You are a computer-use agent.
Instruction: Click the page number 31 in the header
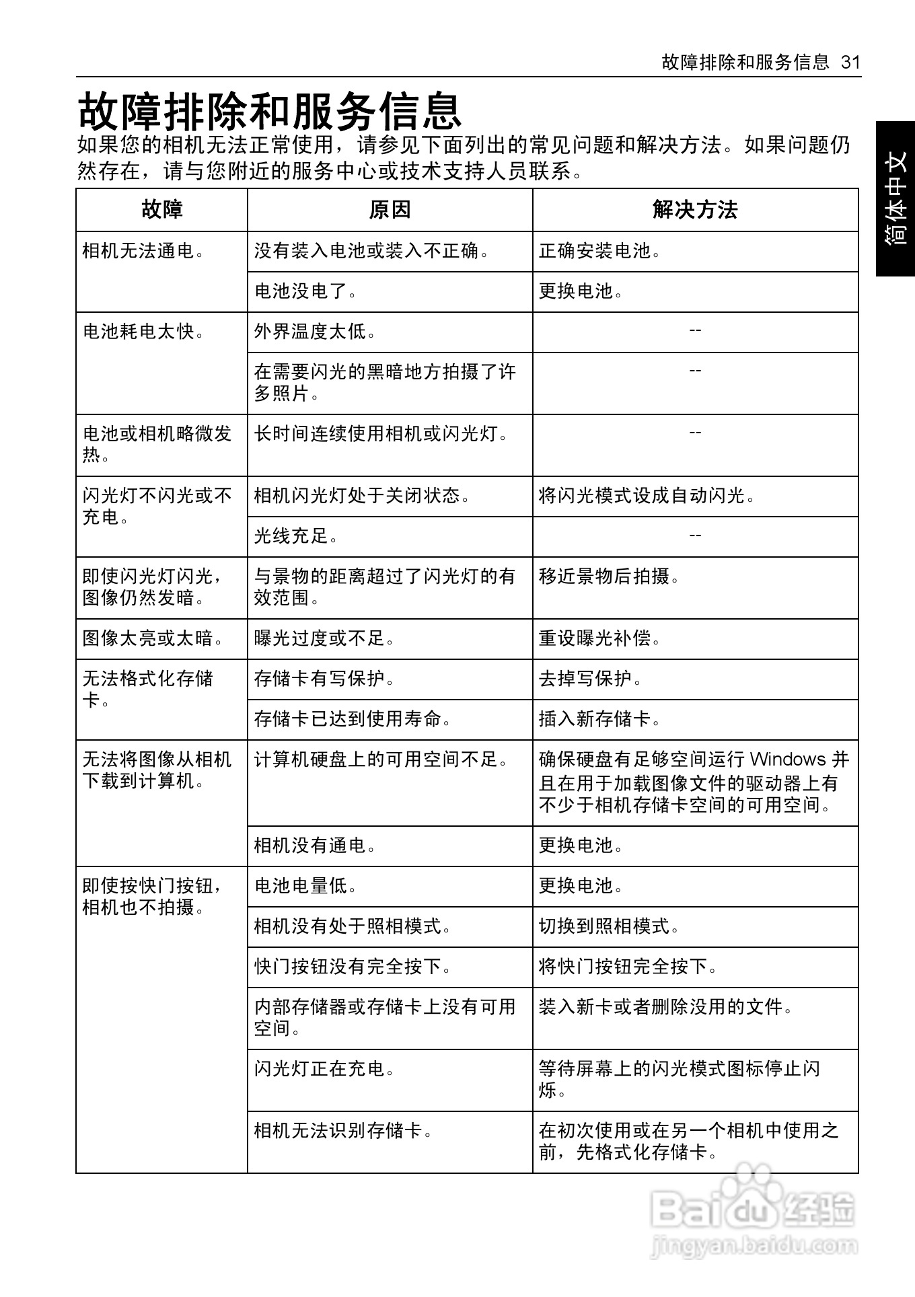(x=850, y=63)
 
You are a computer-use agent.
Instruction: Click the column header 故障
(x=161, y=210)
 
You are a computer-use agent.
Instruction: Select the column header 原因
(x=390, y=210)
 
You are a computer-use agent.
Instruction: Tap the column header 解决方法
(x=695, y=210)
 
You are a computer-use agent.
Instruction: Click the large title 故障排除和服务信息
(x=270, y=111)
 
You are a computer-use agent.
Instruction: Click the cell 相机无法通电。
(x=143, y=251)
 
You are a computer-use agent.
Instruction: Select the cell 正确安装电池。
(x=600, y=251)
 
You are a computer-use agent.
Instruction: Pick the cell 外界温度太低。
(x=315, y=332)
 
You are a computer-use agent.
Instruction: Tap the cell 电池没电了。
(x=305, y=291)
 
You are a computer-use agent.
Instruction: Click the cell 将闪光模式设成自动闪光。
(x=647, y=496)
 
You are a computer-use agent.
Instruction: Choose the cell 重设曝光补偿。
(x=600, y=638)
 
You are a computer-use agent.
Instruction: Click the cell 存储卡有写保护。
(x=324, y=678)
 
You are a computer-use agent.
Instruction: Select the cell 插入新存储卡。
(x=600, y=718)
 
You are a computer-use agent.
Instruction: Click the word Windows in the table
(x=788, y=759)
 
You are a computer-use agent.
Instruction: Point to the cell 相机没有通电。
(x=315, y=845)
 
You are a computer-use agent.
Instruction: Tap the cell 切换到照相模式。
(x=610, y=926)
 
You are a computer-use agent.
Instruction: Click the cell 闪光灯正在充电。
(x=324, y=1069)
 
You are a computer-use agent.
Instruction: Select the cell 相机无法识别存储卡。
(x=343, y=1131)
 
